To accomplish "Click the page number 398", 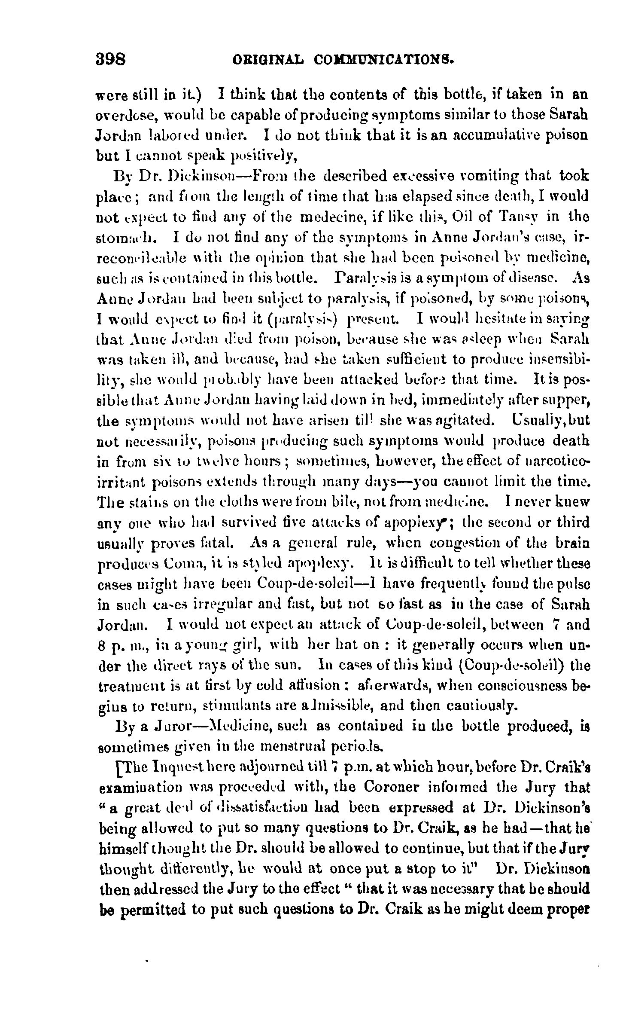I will click(110, 58).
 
